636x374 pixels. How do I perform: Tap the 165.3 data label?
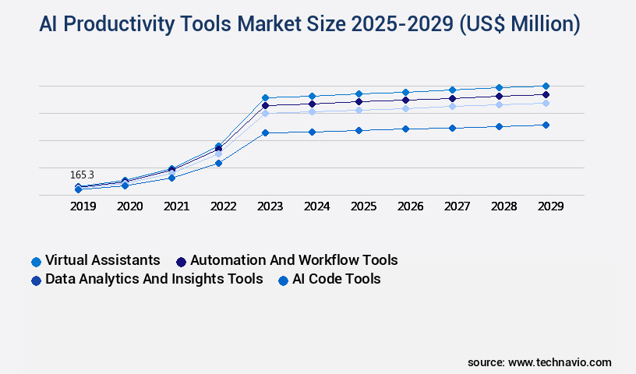82,175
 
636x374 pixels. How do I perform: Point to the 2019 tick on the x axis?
83,206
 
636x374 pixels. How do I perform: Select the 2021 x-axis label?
176,206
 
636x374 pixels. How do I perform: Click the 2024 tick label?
316,206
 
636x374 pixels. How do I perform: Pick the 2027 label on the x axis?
458,206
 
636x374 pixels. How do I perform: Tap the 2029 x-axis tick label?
550,206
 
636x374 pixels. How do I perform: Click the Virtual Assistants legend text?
103,260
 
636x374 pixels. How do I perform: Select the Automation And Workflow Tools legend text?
294,260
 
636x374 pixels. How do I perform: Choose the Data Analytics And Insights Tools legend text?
154,279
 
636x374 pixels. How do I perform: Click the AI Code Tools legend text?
337,279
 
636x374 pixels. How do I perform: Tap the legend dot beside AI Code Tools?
284,280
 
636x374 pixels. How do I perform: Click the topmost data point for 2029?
546,86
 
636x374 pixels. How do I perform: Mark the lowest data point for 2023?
265,132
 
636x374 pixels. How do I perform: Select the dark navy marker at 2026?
405,100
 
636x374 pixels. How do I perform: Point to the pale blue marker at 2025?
359,110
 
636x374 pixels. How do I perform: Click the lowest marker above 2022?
218,163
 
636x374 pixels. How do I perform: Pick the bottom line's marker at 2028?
499,126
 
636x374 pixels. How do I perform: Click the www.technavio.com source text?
560,362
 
